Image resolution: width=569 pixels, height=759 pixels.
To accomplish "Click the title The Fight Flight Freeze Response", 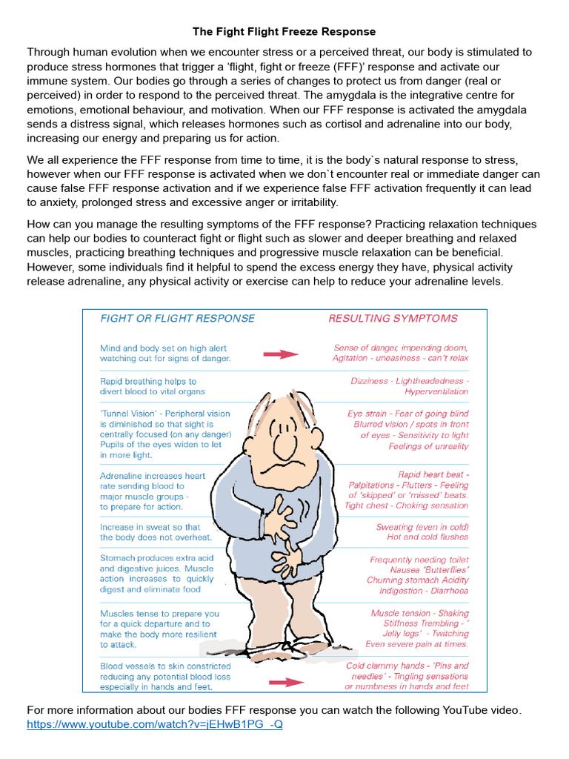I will coord(284,32).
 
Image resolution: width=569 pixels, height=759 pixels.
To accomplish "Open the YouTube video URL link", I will coord(155,724).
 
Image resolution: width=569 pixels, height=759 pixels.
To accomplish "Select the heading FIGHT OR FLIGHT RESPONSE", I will coord(177,319).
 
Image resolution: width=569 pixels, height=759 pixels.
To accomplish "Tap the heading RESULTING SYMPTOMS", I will coord(393,319).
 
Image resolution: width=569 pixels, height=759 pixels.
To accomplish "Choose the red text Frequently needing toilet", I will coord(419,560).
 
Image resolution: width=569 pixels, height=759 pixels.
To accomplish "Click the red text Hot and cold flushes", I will coord(427,537).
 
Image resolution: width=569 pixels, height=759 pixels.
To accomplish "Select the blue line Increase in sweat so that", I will coord(150,528).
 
